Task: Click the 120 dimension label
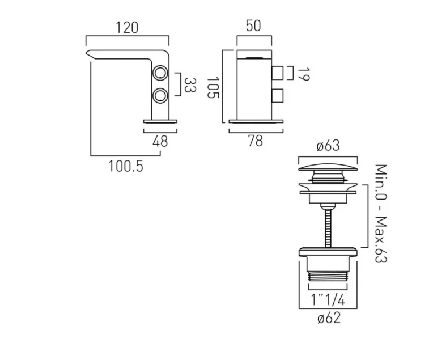click(128, 28)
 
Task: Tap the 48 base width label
click(160, 141)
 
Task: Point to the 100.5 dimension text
click(126, 166)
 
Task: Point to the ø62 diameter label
click(328, 319)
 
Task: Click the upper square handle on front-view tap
click(278, 74)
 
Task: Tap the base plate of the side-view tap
click(160, 120)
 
